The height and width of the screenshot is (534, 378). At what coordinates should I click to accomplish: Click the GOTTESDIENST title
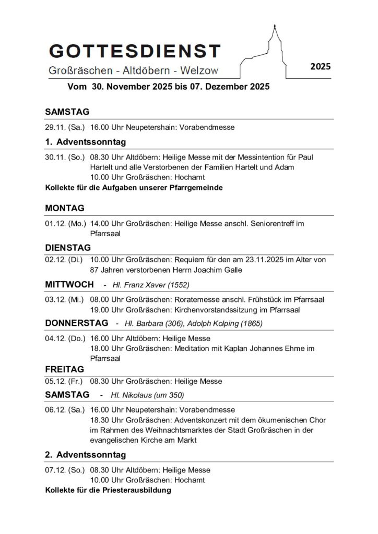tap(135, 51)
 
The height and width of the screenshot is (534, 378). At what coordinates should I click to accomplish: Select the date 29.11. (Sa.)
tap(65, 127)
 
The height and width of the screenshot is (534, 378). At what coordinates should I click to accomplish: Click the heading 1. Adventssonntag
tap(86, 142)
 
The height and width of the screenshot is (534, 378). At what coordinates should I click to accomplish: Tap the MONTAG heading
tap(65, 208)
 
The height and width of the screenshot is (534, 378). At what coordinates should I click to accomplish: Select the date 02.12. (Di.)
tap(65, 260)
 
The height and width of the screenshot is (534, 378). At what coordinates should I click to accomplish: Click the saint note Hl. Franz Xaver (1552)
tap(151, 285)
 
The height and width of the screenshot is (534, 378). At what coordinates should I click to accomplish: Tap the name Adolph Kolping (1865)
tap(226, 323)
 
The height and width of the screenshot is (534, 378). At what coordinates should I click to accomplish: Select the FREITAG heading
tap(64, 369)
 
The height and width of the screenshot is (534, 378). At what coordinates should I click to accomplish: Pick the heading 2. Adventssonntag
tap(86, 455)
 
